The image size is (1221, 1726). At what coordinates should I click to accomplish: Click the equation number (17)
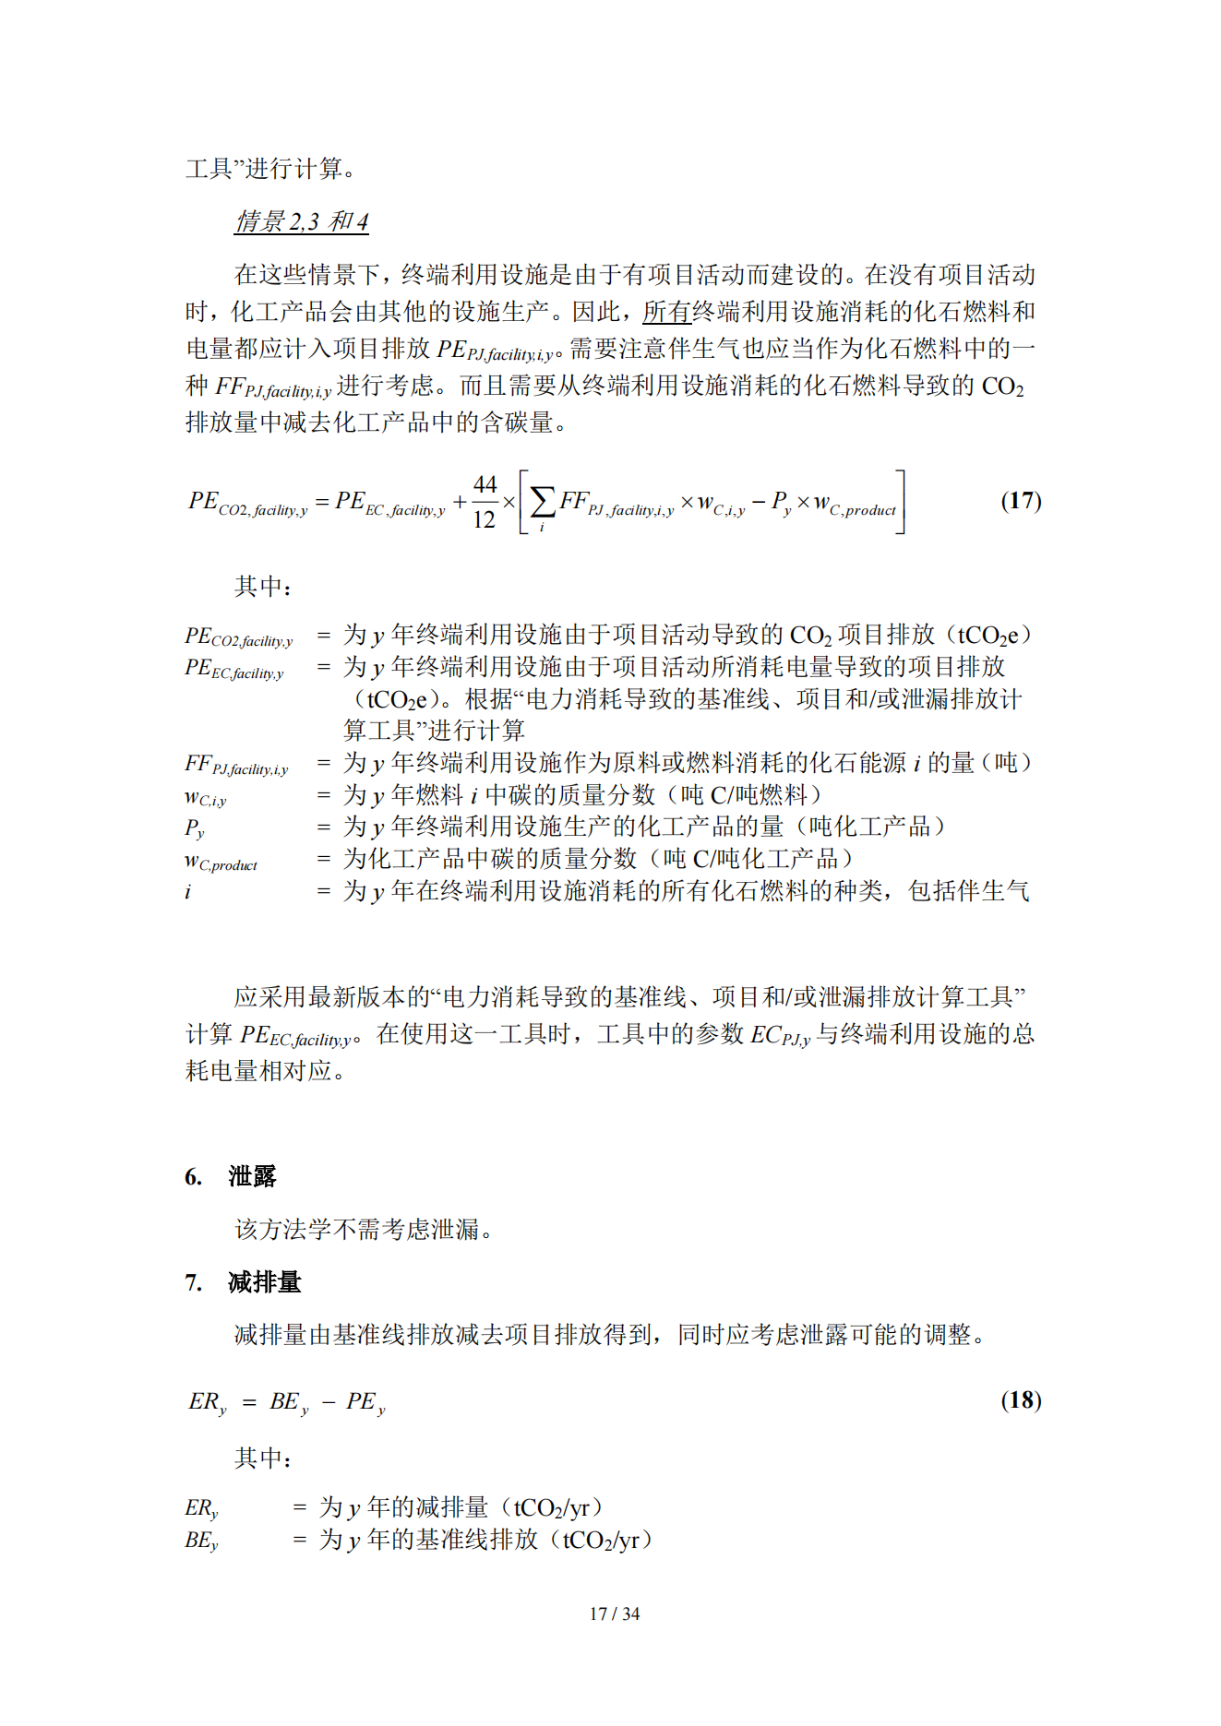[x=1021, y=501]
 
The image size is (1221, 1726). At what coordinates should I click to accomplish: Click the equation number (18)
[x=1021, y=1400]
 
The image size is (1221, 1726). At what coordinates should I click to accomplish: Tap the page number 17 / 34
[x=614, y=1613]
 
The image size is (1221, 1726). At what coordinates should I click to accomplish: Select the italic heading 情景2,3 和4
[x=302, y=222]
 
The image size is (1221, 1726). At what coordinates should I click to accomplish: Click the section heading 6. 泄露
[x=231, y=1176]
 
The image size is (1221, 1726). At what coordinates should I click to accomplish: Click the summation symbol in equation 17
[x=543, y=503]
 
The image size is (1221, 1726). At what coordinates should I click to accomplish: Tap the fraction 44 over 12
[x=485, y=503]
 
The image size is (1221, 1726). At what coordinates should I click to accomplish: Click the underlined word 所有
[x=666, y=312]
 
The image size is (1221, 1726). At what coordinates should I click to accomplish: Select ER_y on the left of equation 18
[x=207, y=1402]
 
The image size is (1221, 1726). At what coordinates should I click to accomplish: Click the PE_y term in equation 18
[x=365, y=1402]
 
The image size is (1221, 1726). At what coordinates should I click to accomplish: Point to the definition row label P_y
[x=195, y=827]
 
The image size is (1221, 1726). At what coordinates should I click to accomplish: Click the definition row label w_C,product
[x=221, y=861]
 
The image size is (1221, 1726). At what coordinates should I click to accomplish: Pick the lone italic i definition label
[x=188, y=892]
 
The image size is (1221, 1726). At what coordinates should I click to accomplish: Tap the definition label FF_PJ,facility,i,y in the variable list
[x=236, y=765]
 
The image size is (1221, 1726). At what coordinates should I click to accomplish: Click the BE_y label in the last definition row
[x=201, y=1540]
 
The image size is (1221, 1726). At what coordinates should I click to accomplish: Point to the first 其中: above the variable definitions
[x=263, y=587]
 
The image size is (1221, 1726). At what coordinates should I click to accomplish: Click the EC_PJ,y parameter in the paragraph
[x=780, y=1035]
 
